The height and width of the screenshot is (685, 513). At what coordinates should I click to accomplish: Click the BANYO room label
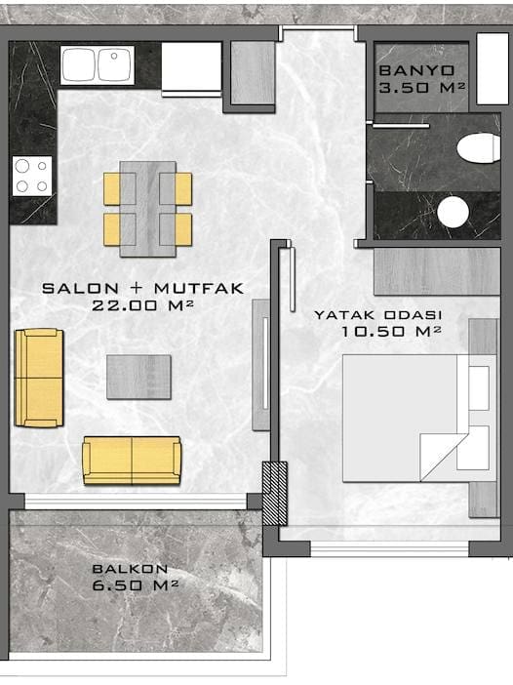[x=417, y=70]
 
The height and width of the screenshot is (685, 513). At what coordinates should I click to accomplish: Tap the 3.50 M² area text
[x=421, y=88]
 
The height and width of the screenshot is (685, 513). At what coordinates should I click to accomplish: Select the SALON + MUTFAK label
[x=142, y=288]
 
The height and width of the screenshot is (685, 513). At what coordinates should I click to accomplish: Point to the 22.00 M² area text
[x=142, y=304]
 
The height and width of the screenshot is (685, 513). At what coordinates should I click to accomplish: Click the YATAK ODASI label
[x=378, y=314]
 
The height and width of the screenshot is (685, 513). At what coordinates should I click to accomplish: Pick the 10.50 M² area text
[x=391, y=331]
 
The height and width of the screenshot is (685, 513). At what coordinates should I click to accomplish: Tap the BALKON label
[x=130, y=569]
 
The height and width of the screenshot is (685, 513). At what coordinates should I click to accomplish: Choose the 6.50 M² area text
[x=136, y=584]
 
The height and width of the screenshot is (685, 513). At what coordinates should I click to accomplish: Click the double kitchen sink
[x=97, y=65]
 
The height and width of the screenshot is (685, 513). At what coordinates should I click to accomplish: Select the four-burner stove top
[x=32, y=176]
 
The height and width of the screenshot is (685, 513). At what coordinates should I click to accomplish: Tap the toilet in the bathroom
[x=478, y=148]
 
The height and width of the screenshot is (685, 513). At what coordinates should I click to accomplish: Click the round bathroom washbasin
[x=453, y=212]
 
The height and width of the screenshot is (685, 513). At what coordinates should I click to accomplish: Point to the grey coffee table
[x=138, y=377]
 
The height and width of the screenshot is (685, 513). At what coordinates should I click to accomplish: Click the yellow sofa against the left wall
[x=39, y=378]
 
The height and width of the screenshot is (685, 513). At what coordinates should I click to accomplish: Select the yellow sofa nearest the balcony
[x=132, y=461]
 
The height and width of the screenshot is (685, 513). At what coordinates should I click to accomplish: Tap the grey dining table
[x=148, y=209]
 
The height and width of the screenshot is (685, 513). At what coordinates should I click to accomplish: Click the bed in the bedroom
[x=419, y=418]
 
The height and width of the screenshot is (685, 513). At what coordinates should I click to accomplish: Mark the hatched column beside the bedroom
[x=275, y=494]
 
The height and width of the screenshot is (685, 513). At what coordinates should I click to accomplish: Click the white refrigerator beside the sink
[x=192, y=68]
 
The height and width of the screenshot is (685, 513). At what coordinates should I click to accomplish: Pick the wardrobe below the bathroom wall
[x=437, y=271]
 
